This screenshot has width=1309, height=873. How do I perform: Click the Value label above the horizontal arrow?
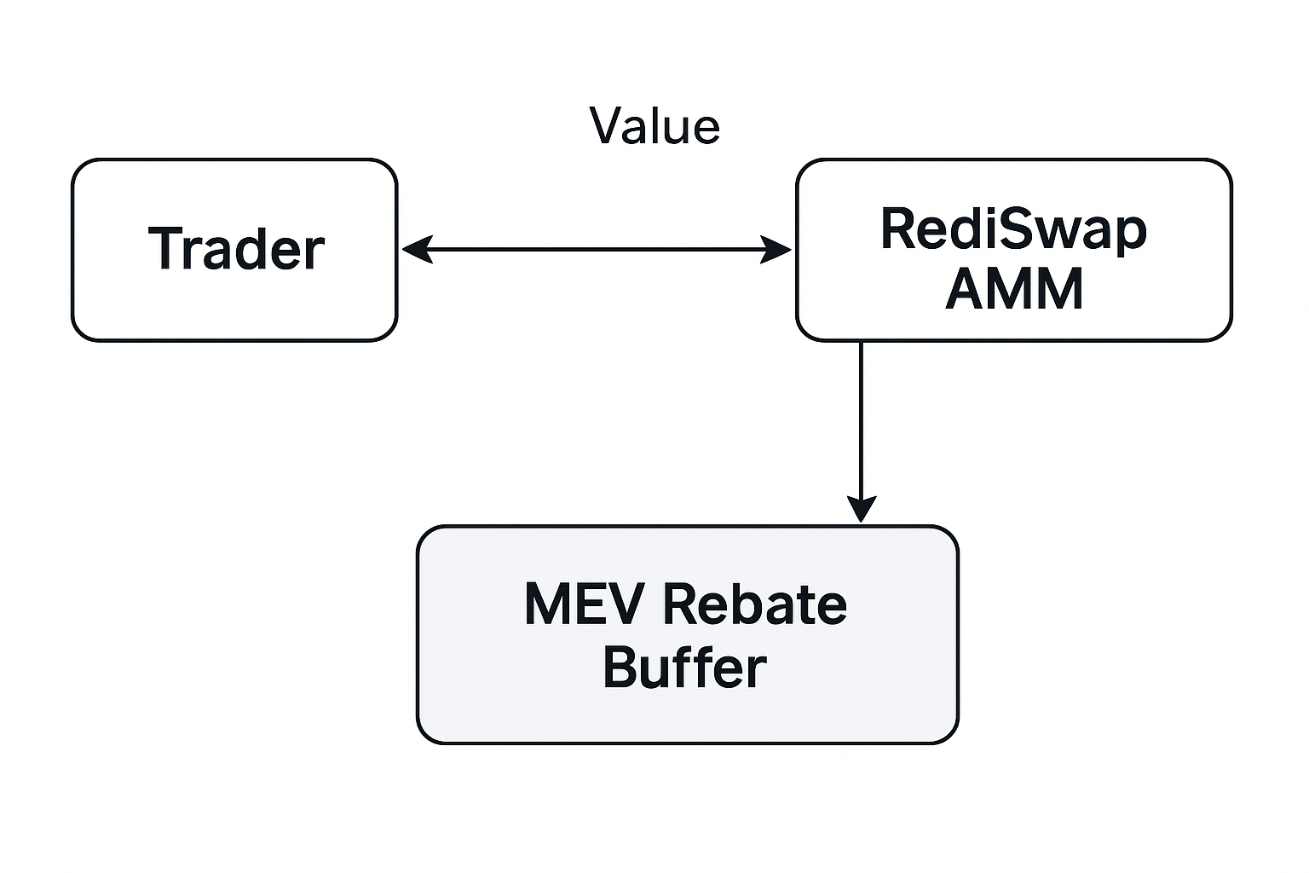click(x=654, y=126)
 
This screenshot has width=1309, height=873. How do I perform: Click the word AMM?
click(x=1013, y=289)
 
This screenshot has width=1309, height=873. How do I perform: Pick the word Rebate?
click(x=754, y=604)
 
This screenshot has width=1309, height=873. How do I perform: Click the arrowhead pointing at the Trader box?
click(x=415, y=250)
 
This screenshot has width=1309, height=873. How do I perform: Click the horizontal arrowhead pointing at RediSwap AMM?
click(x=776, y=250)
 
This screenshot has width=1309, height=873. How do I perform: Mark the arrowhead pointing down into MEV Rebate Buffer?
click(x=862, y=508)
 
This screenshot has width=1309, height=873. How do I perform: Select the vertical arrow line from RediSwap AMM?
click(x=862, y=418)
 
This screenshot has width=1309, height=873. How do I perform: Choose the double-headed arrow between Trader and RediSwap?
click(x=597, y=250)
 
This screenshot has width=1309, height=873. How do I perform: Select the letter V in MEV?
click(x=630, y=604)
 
